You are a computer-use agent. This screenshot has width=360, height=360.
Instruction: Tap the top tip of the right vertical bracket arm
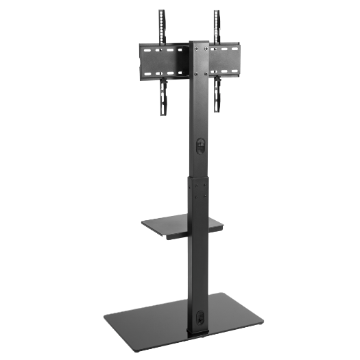click(216, 12)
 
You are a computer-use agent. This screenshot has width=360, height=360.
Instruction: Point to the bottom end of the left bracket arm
click(163, 113)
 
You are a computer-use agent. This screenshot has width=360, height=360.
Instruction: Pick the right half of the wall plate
click(223, 60)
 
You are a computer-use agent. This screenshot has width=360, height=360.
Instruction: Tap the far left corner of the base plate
click(104, 316)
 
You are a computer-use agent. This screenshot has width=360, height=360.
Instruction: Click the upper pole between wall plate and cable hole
click(198, 110)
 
